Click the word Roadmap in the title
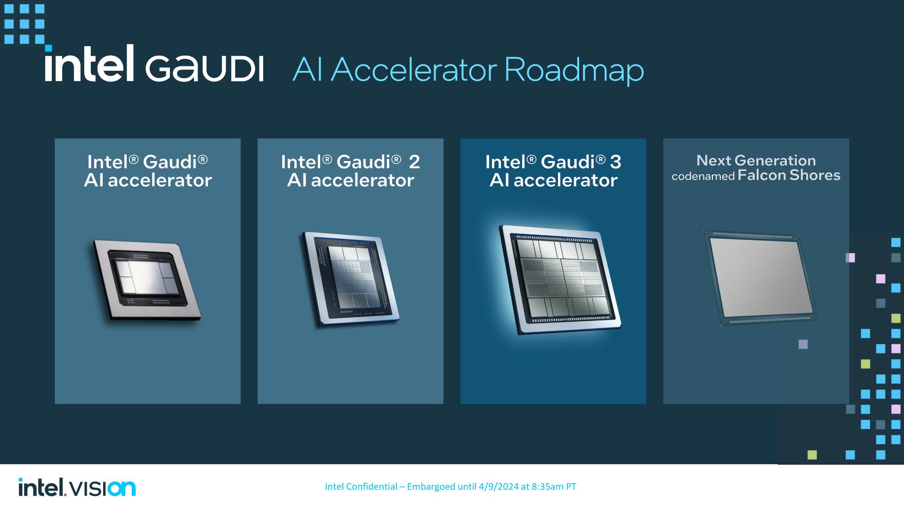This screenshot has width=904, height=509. pyautogui.click(x=574, y=71)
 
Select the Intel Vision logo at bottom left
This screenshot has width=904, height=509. pyautogui.click(x=77, y=487)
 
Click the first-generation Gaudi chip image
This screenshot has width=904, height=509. pyautogui.click(x=146, y=280)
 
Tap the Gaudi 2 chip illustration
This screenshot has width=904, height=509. pyautogui.click(x=350, y=279)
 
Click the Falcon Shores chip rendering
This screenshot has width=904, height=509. pyautogui.click(x=760, y=278)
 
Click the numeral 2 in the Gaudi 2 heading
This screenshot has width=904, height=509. pyautogui.click(x=414, y=162)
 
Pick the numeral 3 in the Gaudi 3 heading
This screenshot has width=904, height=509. pyautogui.click(x=616, y=162)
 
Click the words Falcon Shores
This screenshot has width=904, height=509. pyautogui.click(x=789, y=175)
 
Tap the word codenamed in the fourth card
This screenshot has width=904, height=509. pyautogui.click(x=703, y=177)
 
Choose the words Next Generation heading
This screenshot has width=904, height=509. pyautogui.click(x=756, y=160)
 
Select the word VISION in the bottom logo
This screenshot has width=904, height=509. pyautogui.click(x=103, y=488)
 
